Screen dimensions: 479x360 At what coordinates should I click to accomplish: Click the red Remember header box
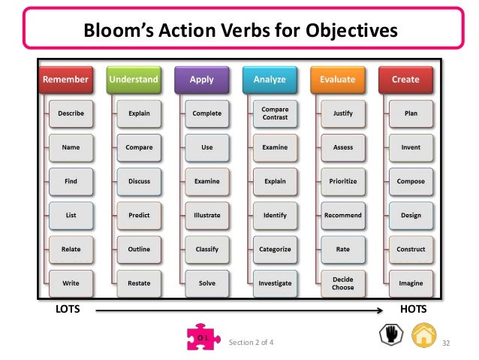pyautogui.click(x=65, y=79)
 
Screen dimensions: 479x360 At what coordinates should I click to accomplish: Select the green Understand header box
pyautogui.click(x=134, y=79)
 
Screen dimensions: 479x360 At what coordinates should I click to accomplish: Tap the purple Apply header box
pyautogui.click(x=201, y=79)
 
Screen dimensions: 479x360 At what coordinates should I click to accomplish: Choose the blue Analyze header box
pyautogui.click(x=269, y=79)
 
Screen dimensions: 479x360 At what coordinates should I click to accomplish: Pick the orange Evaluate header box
pyautogui.click(x=337, y=79)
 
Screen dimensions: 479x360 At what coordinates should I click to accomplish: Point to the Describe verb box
pyautogui.click(x=71, y=113)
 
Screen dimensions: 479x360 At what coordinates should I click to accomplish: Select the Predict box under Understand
pyautogui.click(x=139, y=215)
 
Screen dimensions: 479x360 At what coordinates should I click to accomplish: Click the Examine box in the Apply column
pyautogui.click(x=206, y=181)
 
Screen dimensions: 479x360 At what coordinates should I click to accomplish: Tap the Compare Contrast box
pyautogui.click(x=275, y=113)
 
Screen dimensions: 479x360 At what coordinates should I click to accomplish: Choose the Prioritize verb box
pyautogui.click(x=343, y=181)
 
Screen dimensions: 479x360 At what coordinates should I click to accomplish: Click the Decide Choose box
pyautogui.click(x=343, y=283)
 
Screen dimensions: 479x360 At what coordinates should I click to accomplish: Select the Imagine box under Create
pyautogui.click(x=411, y=283)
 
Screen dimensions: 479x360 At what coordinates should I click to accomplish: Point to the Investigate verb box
pyautogui.click(x=275, y=283)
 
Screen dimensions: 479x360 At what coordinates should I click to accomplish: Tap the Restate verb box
pyautogui.click(x=139, y=283)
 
